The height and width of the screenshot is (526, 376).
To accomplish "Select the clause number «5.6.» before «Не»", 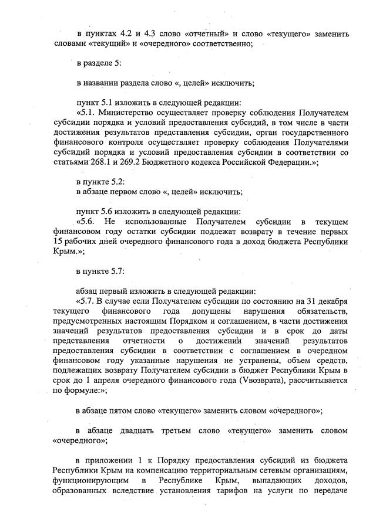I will click(87, 222).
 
